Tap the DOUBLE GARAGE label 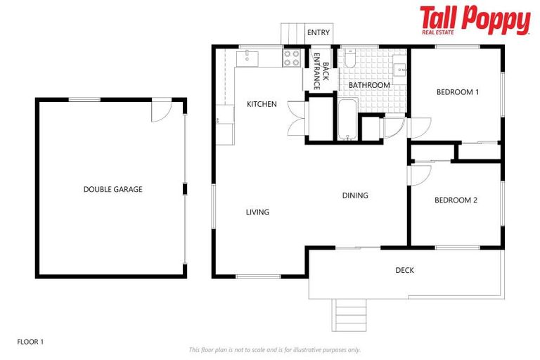[112, 189]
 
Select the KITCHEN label [262, 104]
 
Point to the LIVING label [257, 212]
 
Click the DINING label [355, 195]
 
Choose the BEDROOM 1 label [457, 91]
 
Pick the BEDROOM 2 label [456, 200]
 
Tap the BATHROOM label [369, 85]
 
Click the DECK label [404, 270]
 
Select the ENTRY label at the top [318, 32]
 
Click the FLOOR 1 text [30, 342]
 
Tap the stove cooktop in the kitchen [292, 58]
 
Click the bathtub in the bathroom [347, 120]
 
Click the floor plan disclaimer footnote [274, 349]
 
